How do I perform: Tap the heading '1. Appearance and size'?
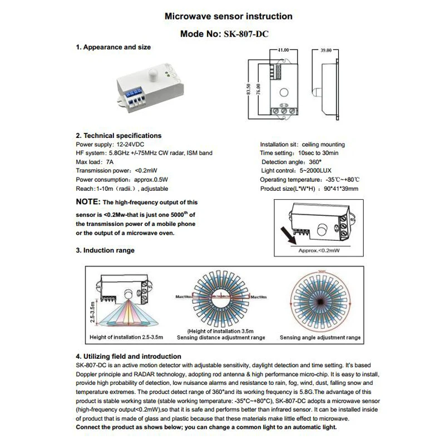click(x=113, y=47)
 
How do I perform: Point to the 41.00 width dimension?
click(x=283, y=50)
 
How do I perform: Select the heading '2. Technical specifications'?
click(x=118, y=135)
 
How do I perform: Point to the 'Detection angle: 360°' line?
click(x=291, y=162)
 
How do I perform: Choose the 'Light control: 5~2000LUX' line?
click(x=296, y=171)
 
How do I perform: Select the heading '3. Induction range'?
click(x=105, y=251)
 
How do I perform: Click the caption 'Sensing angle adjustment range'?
click(x=320, y=338)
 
